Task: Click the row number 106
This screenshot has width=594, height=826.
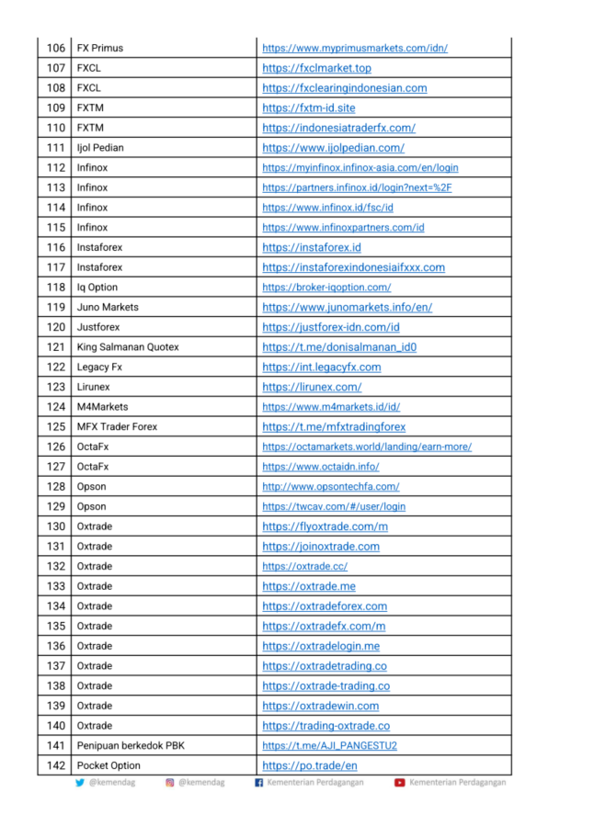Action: (56, 48)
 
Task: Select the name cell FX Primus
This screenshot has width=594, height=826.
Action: (100, 48)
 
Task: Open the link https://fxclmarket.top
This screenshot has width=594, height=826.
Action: (316, 68)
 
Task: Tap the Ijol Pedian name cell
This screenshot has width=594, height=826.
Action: (100, 148)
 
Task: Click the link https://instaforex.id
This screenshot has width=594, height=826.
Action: (311, 247)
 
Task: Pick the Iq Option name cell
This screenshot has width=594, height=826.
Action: (97, 288)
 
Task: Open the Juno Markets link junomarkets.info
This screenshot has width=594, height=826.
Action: (347, 307)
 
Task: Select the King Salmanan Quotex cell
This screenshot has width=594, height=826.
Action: (128, 347)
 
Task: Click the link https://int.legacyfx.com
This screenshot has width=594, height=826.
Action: (321, 368)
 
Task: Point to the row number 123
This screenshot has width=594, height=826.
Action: (56, 387)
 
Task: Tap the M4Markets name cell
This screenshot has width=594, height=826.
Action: (103, 407)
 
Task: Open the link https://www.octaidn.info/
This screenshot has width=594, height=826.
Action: (320, 467)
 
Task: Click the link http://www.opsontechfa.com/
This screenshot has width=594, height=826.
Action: (330, 487)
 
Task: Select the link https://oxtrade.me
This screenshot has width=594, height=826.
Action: (308, 586)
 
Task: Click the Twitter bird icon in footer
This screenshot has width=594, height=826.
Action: (80, 783)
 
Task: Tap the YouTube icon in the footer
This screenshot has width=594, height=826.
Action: (399, 783)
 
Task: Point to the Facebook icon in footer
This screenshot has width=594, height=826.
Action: (258, 783)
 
